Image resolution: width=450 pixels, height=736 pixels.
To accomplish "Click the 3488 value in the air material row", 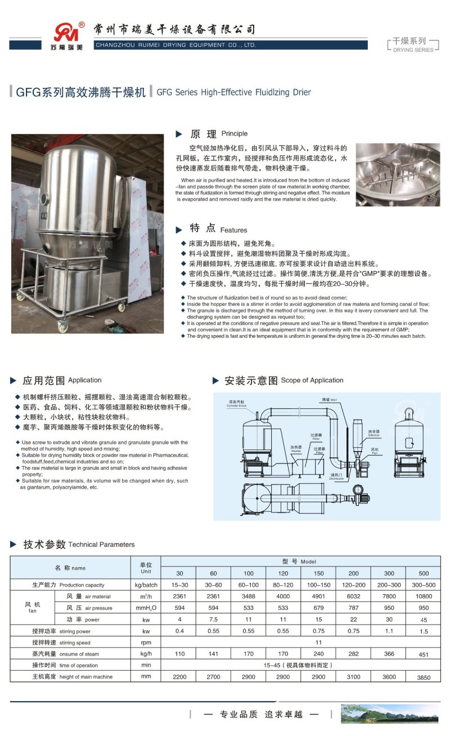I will pyautogui.click(x=248, y=596).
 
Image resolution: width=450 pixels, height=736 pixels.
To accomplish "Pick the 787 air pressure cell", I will pyautogui.click(x=353, y=608).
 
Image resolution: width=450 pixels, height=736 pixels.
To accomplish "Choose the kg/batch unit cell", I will pyautogui.click(x=146, y=585).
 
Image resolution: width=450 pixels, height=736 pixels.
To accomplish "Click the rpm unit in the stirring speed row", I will pyautogui.click(x=146, y=642).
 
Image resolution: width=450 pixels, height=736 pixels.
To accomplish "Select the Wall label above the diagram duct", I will pyautogui.click(x=332, y=399).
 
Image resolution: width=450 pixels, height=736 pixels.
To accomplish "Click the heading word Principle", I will pyautogui.click(x=234, y=134).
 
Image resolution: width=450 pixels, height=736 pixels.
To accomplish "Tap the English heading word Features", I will pyautogui.click(x=233, y=230).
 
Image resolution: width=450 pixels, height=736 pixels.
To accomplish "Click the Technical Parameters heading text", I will pyautogui.click(x=101, y=545).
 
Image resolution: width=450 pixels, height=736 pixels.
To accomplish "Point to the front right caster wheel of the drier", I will pyautogui.click(x=121, y=307).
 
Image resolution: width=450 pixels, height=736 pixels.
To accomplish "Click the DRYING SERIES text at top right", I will pyautogui.click(x=413, y=50).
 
